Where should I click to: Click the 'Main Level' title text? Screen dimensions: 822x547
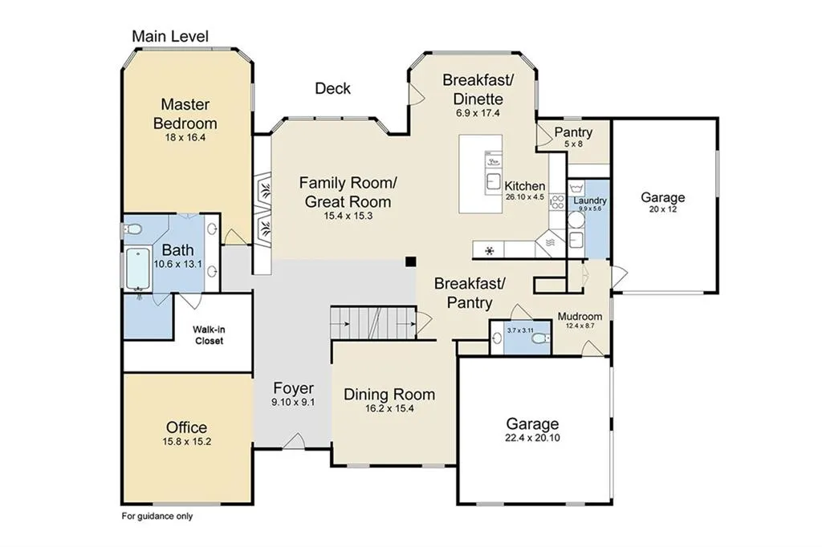coord(170,36)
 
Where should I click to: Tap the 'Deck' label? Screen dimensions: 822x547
coord(332,88)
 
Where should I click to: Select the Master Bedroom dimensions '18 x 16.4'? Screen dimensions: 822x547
coord(185,138)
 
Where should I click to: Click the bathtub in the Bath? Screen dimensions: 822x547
coord(138,269)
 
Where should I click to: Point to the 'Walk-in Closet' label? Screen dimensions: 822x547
coord(209,335)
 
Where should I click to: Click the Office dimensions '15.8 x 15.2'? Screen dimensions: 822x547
coord(186,442)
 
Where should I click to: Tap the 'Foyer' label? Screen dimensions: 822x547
coord(294,388)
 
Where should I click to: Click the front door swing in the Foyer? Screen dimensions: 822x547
coord(294,441)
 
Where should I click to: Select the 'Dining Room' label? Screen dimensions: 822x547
coord(389,395)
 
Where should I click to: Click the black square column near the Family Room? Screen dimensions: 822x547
coord(410,261)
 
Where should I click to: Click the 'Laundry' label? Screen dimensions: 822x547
coord(590,201)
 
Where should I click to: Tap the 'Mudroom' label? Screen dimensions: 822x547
coord(580,317)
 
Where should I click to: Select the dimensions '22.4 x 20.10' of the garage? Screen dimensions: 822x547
coord(532,438)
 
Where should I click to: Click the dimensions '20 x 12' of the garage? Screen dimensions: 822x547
coord(662,209)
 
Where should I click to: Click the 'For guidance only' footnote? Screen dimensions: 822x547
coord(157,516)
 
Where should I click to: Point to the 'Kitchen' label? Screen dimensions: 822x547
coord(525,186)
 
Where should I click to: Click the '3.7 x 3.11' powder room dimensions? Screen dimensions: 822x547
coord(520,330)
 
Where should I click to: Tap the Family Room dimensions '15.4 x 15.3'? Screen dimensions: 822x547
coord(348,216)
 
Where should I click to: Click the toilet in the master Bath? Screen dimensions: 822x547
coord(133,229)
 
